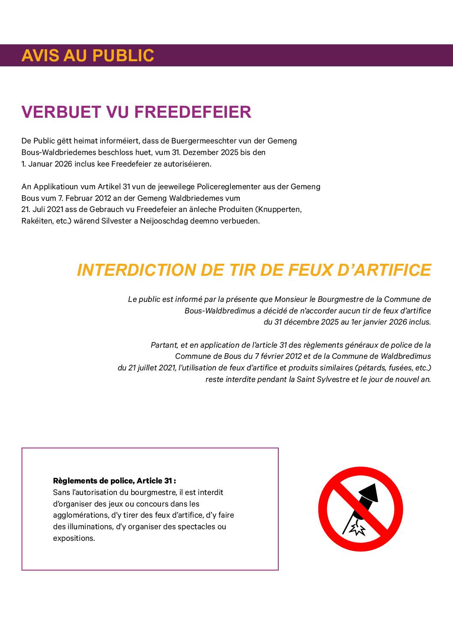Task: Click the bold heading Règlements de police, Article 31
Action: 114,481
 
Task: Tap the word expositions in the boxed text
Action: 73,538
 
